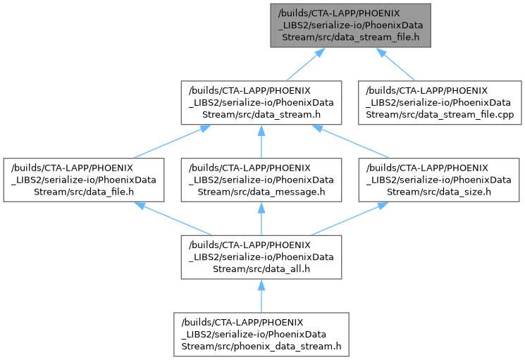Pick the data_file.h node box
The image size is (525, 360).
tap(82, 180)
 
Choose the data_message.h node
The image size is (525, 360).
tap(261, 180)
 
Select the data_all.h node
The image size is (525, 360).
tap(261, 257)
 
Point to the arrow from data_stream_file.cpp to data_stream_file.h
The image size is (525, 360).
tap(396, 64)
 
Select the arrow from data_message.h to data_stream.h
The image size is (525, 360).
tap(261, 142)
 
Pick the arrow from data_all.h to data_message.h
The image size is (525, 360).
tap(261, 219)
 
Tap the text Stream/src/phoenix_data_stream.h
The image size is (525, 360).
tap(261, 346)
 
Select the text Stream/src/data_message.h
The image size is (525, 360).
tap(261, 191)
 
